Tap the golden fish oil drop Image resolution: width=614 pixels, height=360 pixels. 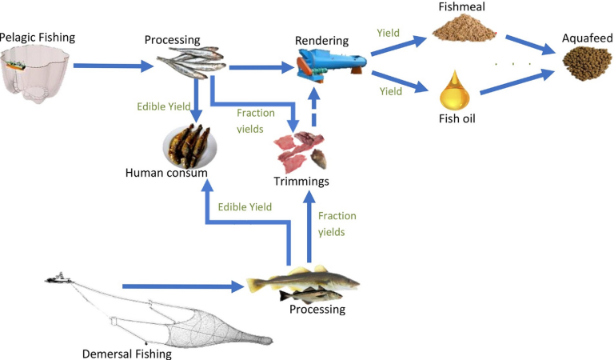click(x=453, y=94)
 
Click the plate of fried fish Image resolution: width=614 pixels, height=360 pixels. click(x=189, y=145)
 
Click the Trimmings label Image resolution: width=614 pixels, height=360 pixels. click(x=301, y=182)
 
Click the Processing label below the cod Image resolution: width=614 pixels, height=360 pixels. click(x=317, y=309)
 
